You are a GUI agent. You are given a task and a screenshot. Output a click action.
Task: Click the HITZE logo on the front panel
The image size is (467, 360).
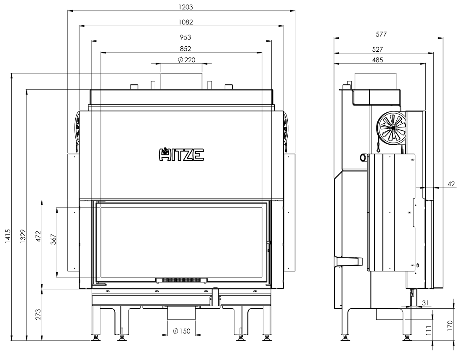pyautogui.click(x=181, y=154)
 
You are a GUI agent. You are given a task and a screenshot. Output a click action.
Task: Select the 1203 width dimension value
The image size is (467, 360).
pyautogui.click(x=186, y=7)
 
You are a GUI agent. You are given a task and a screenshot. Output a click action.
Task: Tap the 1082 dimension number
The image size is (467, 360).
pyautogui.click(x=186, y=22)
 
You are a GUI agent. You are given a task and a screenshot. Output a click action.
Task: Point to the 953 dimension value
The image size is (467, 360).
pyautogui.click(x=186, y=37)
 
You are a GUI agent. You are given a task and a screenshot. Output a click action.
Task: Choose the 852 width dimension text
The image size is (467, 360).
pyautogui.click(x=186, y=48)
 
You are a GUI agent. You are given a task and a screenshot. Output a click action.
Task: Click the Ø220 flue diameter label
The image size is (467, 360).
pyautogui.click(x=186, y=60)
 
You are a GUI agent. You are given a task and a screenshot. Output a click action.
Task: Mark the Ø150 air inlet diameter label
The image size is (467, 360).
pyautogui.click(x=181, y=331)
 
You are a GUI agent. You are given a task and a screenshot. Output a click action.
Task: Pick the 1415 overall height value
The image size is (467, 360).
pyautogui.click(x=8, y=236)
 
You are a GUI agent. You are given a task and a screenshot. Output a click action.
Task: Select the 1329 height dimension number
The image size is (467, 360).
pyautogui.click(x=23, y=236)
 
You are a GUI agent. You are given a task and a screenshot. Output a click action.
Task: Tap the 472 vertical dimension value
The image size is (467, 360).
pyautogui.click(x=39, y=236)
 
